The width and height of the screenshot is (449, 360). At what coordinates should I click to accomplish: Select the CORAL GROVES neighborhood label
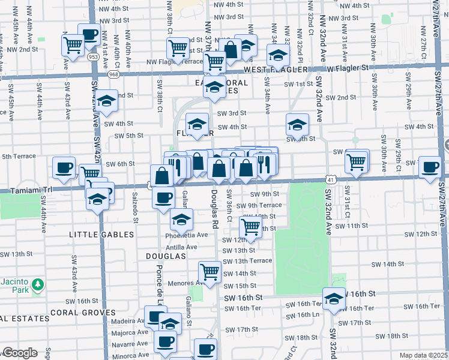[x=83, y=313]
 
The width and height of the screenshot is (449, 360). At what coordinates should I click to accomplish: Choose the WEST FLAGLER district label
[x=276, y=70]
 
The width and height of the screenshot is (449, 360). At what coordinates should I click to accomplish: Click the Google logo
[x=19, y=353]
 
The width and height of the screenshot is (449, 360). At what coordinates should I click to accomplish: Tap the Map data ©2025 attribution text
[x=423, y=355]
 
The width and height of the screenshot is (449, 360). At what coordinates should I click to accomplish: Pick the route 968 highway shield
[x=113, y=75]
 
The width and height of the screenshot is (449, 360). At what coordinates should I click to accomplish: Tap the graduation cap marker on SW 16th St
[x=333, y=299]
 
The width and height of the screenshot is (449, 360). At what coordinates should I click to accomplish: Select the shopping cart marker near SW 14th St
[x=209, y=272]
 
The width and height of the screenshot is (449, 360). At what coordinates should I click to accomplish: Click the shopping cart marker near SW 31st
[x=357, y=160]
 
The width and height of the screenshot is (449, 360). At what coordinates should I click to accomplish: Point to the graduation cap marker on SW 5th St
[x=297, y=125]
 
